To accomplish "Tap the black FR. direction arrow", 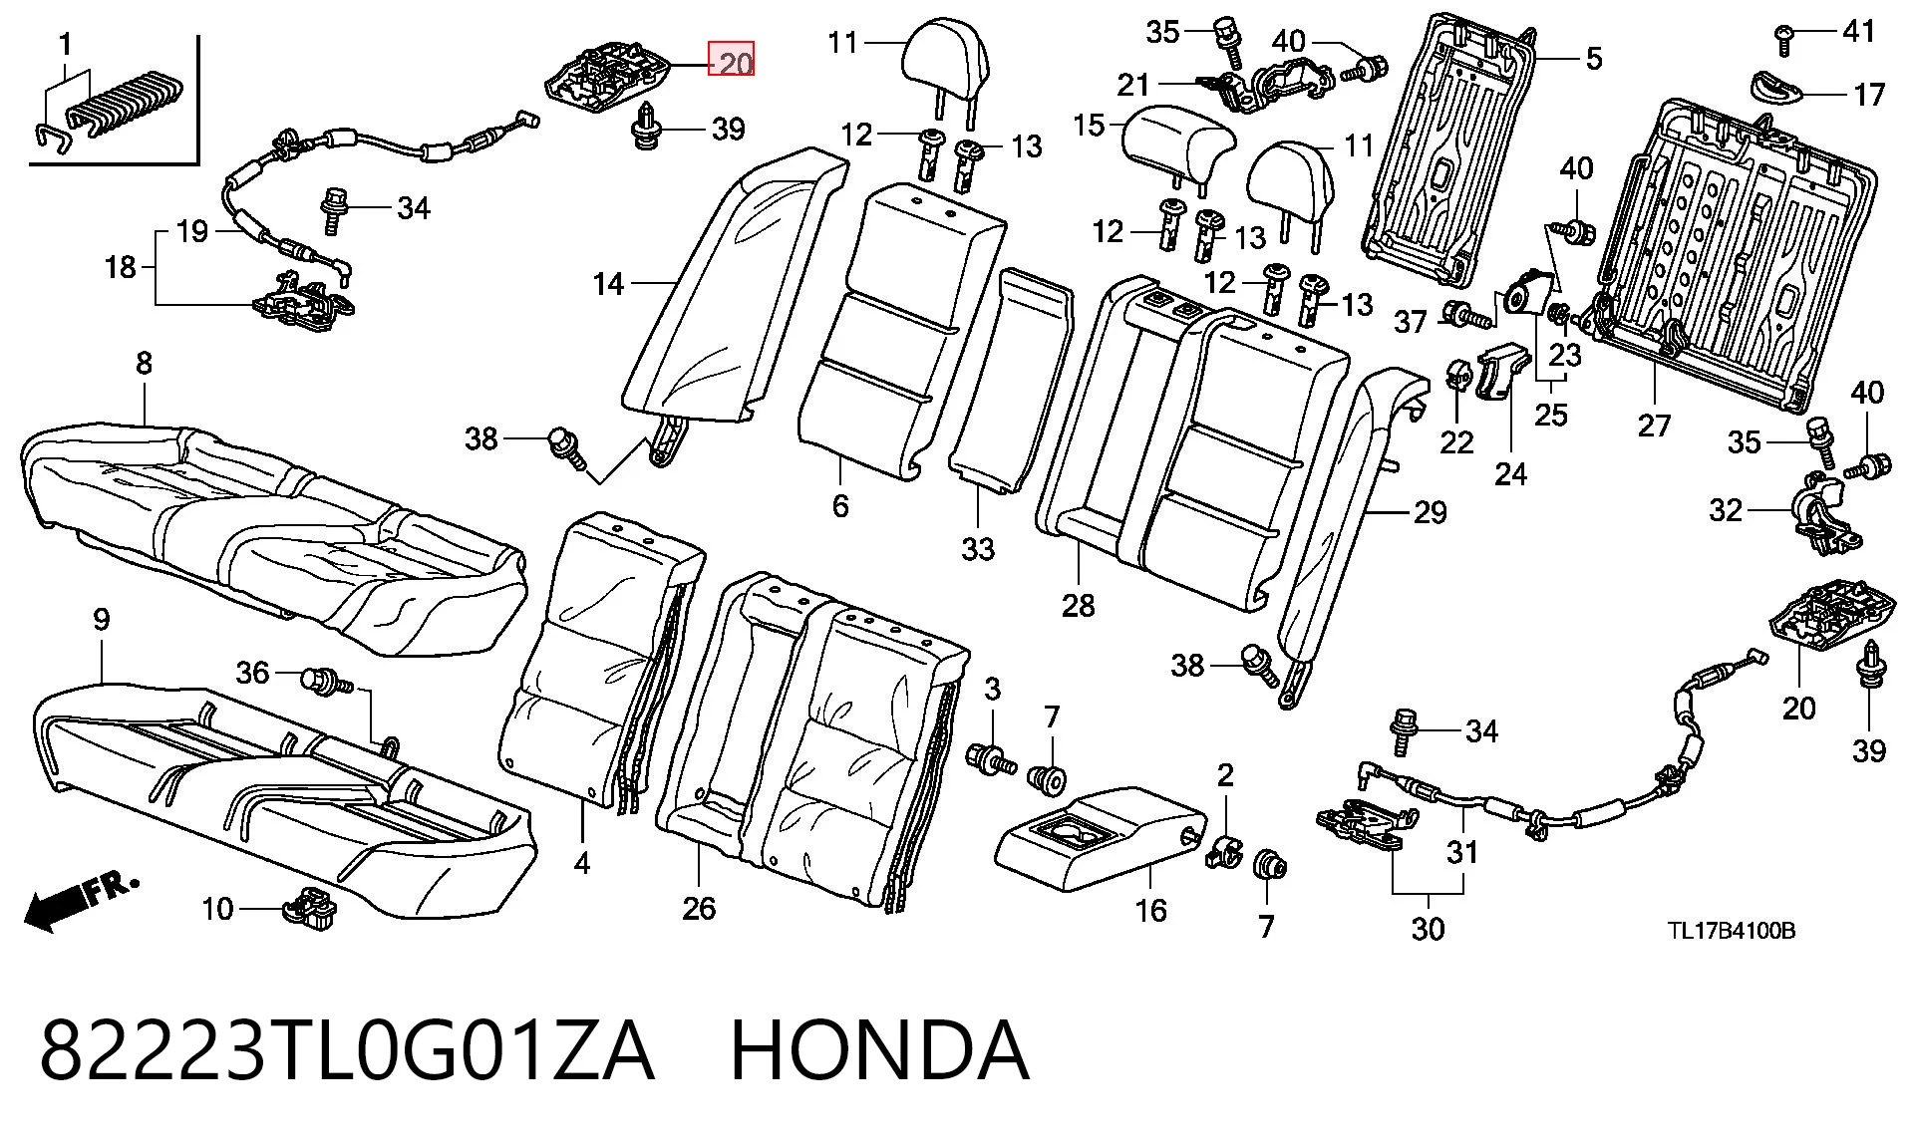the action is [82, 902].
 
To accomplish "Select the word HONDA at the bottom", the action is [879, 1050].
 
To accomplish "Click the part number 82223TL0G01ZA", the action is [346, 1050].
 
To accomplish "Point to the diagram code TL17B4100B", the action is [1733, 931].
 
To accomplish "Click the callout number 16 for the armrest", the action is [1150, 910].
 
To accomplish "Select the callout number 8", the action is [144, 363].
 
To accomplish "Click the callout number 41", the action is [1858, 31].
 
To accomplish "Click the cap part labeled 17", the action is [1775, 87].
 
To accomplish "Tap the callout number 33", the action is [978, 548].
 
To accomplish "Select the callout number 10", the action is [217, 909].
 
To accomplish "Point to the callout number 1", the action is [66, 44].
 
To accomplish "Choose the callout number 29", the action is [1431, 512].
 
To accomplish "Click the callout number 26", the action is [699, 908].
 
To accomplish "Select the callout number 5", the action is [1593, 58].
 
